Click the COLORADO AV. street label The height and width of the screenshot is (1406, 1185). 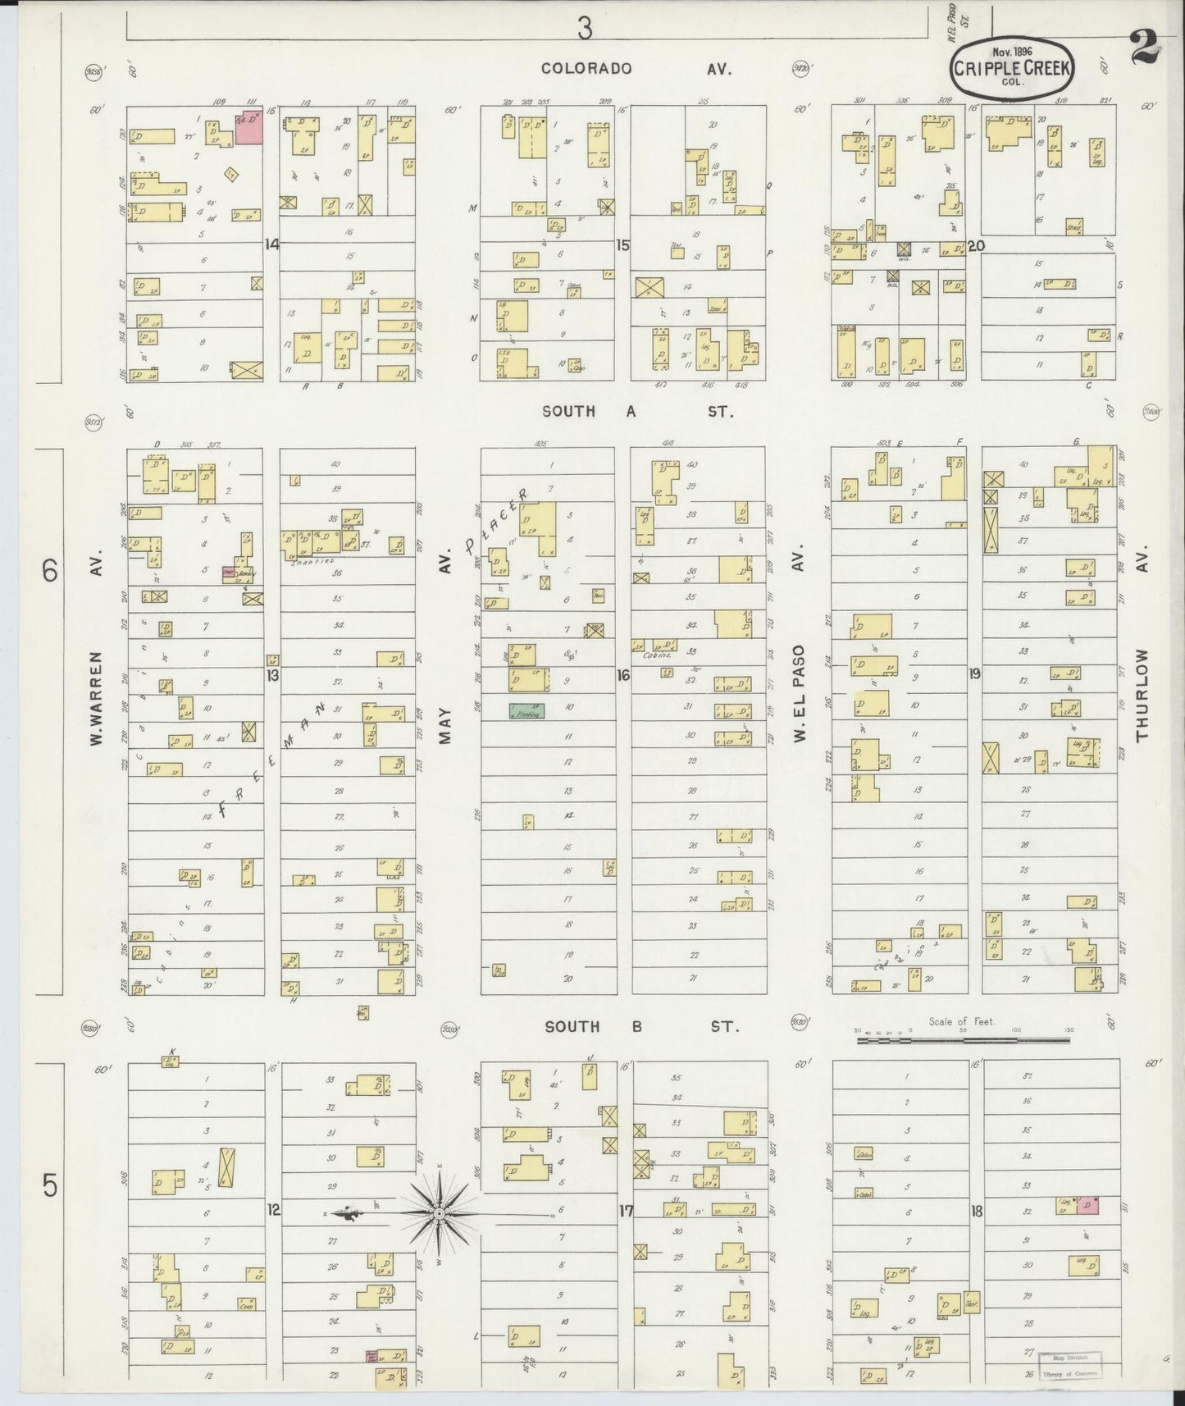[x=636, y=69]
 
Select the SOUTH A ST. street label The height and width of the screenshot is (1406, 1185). [x=636, y=412]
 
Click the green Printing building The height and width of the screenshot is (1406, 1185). [x=526, y=711]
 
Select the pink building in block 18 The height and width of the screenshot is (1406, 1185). [x=1087, y=1205]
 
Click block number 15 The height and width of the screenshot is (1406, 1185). [x=622, y=244]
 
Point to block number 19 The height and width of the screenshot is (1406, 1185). [x=975, y=674]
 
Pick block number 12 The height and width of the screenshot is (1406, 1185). [x=273, y=1208]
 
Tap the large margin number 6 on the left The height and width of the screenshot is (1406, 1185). [x=51, y=570]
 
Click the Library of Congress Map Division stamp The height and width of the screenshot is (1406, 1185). [x=1069, y=1366]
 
